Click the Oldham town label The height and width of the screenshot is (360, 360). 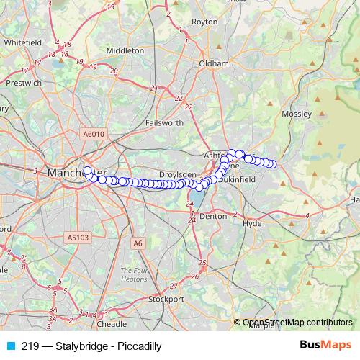(214, 63)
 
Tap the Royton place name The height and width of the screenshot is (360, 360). (204, 22)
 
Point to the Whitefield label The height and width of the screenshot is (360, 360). (22, 42)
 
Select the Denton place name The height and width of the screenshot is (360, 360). (213, 215)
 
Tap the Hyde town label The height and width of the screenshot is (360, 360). (253, 224)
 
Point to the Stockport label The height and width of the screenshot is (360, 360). (166, 298)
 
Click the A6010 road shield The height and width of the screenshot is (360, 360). (94, 134)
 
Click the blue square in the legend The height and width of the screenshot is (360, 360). (11, 346)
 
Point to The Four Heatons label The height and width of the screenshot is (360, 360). (134, 274)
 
